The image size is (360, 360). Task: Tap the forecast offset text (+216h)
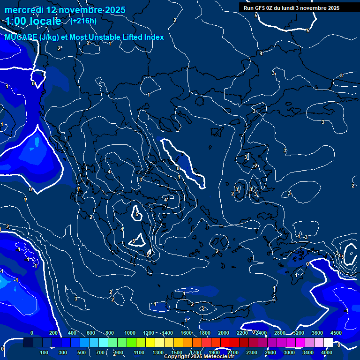click(x=83, y=21)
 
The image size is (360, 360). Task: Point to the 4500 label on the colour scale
click(x=336, y=333)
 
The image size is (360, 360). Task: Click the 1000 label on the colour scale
click(x=130, y=333)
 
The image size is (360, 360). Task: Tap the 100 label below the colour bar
click(x=44, y=352)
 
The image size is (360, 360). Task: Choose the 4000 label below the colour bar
click(x=327, y=352)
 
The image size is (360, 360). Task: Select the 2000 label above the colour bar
click(x=224, y=333)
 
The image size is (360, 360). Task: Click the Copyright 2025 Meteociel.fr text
click(x=198, y=357)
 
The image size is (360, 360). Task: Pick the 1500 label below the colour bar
click(x=177, y=352)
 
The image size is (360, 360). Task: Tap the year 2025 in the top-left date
click(x=115, y=10)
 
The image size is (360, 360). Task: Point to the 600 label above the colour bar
click(x=91, y=333)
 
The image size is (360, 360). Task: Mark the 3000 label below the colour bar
click(x=289, y=352)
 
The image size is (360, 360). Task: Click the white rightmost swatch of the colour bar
click(x=328, y=343)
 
